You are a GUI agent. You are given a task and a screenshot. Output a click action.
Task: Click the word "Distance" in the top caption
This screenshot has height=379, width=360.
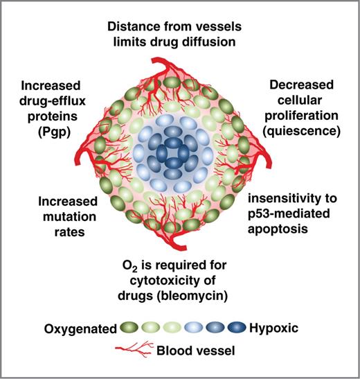(x=134, y=27)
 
